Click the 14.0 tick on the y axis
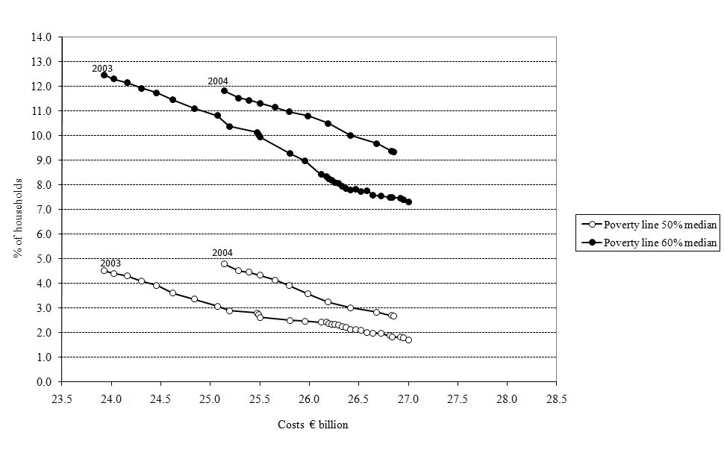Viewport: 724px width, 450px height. click(43, 37)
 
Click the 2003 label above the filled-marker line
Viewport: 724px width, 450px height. click(102, 69)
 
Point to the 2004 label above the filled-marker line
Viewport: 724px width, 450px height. click(218, 81)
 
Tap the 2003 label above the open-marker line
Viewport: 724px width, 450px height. click(110, 263)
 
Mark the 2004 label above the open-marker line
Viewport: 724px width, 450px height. click(222, 253)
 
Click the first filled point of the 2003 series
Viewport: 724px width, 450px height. click(104, 75)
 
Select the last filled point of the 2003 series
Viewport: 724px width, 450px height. click(408, 201)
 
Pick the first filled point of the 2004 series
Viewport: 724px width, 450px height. click(224, 90)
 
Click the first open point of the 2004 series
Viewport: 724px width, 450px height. click(224, 263)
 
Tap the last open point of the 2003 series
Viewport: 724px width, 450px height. click(408, 340)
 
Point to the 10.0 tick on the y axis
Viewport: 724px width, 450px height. click(43, 136)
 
